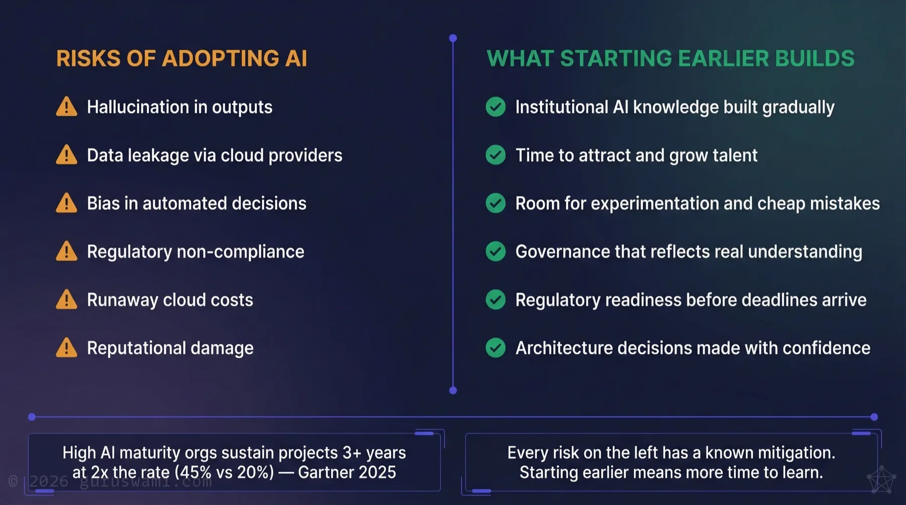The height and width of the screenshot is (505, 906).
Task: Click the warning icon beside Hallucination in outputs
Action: tap(66, 107)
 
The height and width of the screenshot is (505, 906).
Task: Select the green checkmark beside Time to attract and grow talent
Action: tap(495, 155)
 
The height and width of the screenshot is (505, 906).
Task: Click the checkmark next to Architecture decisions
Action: tap(495, 348)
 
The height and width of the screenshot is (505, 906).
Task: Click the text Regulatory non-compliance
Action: tap(195, 251)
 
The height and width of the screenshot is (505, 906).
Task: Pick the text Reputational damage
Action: tap(170, 348)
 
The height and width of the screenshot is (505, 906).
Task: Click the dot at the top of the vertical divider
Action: tap(453, 38)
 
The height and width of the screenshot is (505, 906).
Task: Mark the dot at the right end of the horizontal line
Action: tap(874, 417)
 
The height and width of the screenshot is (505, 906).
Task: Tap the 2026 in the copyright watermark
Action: tap(48, 481)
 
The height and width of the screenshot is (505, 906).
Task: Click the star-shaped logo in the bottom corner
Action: tap(881, 480)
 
